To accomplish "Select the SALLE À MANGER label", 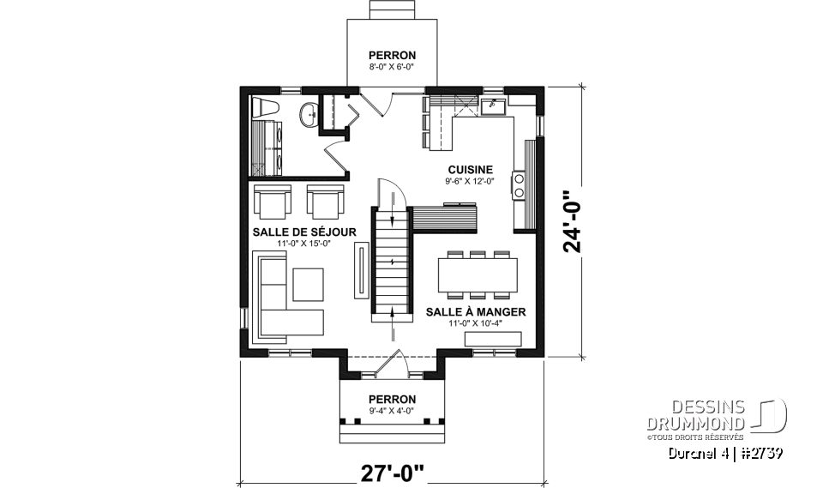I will [x=476, y=312].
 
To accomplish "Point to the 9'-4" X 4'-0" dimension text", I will [x=392, y=410].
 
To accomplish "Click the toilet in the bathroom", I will [x=264, y=110].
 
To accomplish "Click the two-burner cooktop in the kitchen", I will [x=519, y=186].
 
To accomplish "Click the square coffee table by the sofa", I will [x=307, y=284].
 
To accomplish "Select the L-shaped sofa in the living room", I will [x=279, y=296].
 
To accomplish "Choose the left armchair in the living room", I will [x=272, y=202].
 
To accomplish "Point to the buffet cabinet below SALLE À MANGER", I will [x=492, y=340].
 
